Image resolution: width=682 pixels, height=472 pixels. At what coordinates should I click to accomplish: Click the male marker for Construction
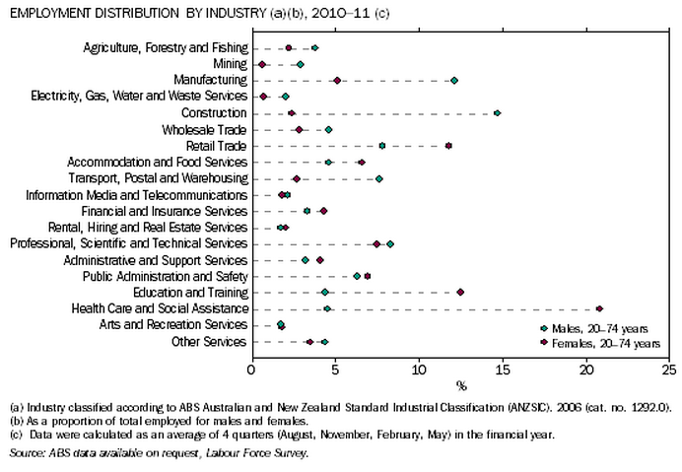coord(497,113)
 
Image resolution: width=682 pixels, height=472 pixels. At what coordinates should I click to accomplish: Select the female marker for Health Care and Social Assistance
coord(599,308)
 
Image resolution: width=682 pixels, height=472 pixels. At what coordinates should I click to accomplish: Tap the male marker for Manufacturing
coord(454,81)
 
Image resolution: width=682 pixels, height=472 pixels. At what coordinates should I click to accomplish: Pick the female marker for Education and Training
coord(460,293)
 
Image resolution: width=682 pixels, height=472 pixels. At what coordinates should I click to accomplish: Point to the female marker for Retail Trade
coord(448,146)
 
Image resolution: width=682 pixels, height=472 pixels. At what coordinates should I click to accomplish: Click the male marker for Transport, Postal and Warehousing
coord(378,178)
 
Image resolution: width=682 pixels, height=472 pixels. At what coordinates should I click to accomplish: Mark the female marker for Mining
coord(262,64)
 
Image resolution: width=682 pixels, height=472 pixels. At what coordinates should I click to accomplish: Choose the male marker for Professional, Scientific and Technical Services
coord(390,243)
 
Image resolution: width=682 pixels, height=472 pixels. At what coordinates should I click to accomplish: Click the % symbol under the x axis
coord(459,384)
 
